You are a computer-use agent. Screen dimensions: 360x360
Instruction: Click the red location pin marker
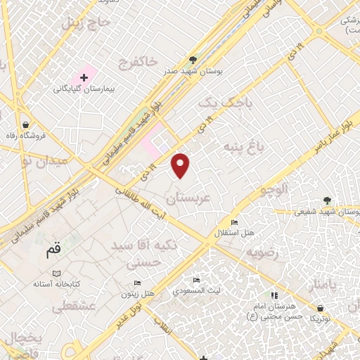(181, 165)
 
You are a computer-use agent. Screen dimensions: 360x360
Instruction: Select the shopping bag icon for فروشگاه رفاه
(26, 124)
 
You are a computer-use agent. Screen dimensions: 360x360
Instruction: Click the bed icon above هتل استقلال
(234, 221)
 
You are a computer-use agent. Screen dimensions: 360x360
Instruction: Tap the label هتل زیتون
(139, 292)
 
